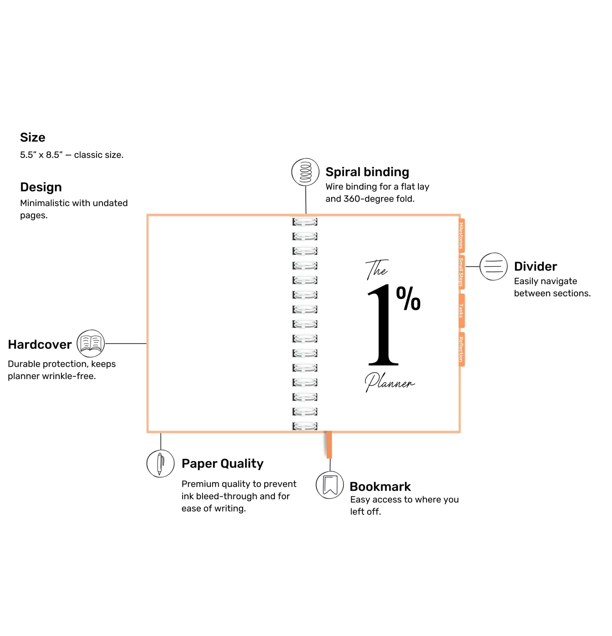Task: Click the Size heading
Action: click(x=33, y=138)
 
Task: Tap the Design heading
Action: click(x=41, y=187)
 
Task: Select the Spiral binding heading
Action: click(x=367, y=172)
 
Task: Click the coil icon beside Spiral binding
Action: click(x=305, y=172)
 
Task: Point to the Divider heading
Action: click(x=535, y=266)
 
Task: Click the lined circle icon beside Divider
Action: click(x=493, y=266)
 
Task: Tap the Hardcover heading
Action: click(x=40, y=345)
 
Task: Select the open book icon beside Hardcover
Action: click(x=91, y=343)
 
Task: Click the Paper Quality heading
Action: click(x=222, y=464)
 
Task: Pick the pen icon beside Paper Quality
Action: click(x=161, y=464)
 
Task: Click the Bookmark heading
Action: click(x=380, y=487)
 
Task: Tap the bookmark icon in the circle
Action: click(x=330, y=485)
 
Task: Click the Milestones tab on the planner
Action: click(x=461, y=235)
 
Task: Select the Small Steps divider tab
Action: click(x=461, y=272)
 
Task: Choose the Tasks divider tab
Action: click(x=461, y=310)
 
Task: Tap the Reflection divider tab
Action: click(x=461, y=349)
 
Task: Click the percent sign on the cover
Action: click(x=408, y=299)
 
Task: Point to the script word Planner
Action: click(x=389, y=382)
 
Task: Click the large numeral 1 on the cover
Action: click(x=382, y=326)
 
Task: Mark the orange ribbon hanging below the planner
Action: click(x=329, y=445)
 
